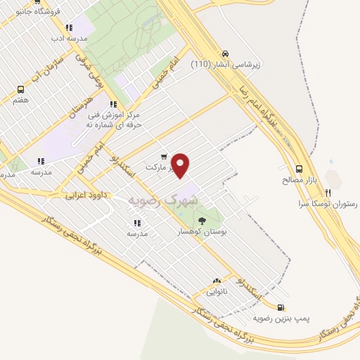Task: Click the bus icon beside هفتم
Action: tap(20, 89)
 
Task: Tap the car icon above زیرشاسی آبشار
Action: tap(224, 53)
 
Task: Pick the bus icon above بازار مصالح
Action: tap(300, 169)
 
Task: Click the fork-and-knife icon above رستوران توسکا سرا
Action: tap(328, 191)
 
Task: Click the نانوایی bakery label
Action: tap(216, 291)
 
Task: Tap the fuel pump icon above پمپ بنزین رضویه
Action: tap(281, 307)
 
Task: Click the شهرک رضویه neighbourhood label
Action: tap(163, 200)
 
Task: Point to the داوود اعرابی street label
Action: tap(86, 195)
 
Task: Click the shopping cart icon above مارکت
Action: tap(164, 157)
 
